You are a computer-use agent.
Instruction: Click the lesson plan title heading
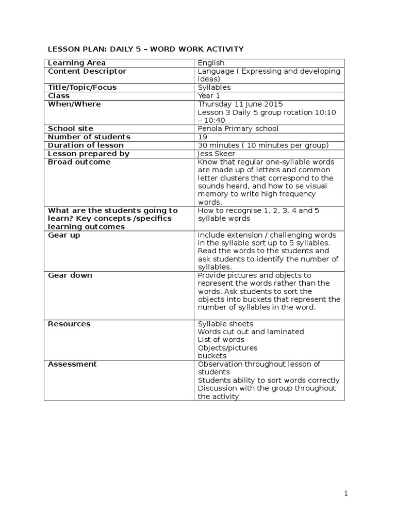pos(145,49)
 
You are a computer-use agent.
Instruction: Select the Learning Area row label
pos(77,63)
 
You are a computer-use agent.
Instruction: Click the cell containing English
pos(211,63)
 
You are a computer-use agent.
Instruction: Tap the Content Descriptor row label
pos(87,71)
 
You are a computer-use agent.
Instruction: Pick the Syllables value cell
pos(214,88)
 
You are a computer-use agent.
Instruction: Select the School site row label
pos(71,129)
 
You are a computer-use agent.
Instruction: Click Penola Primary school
pos(238,129)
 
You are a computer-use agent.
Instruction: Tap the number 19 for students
pos(202,137)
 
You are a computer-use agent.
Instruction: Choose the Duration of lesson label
pos(86,145)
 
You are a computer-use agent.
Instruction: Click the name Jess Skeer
pos(216,154)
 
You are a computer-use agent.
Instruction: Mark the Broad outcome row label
pos(79,162)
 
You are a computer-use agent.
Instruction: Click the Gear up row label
pos(64,235)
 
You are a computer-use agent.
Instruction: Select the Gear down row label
pos(70,275)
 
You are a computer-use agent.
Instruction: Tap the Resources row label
pos(69,324)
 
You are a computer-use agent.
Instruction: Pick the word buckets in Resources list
pos(212,356)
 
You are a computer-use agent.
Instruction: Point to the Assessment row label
pos(72,364)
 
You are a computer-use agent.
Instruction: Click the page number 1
pos(346,493)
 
